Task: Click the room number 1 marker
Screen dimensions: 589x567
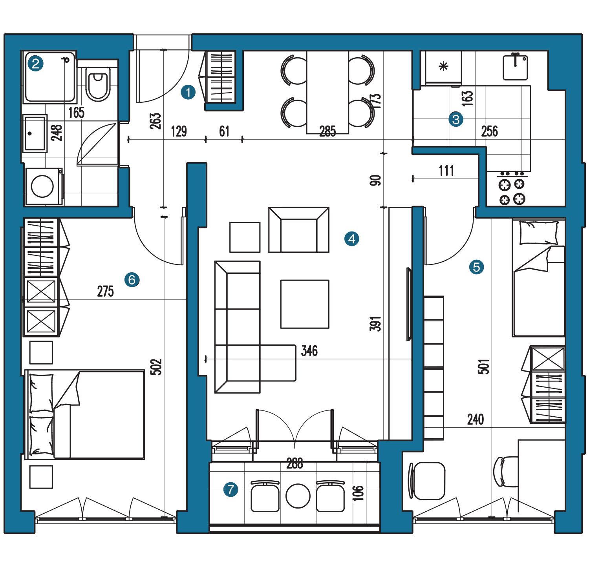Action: pyautogui.click(x=188, y=93)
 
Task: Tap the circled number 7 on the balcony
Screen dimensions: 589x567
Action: pyautogui.click(x=230, y=489)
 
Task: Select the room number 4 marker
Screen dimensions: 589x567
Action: pyautogui.click(x=351, y=239)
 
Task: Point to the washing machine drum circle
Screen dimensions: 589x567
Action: pyautogui.click(x=42, y=186)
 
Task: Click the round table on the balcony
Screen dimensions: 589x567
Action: pyautogui.click(x=298, y=496)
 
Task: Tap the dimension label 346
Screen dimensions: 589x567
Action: pyautogui.click(x=309, y=351)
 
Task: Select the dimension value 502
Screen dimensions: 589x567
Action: pyautogui.click(x=156, y=367)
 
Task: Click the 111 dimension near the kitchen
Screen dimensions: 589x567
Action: pyautogui.click(x=446, y=171)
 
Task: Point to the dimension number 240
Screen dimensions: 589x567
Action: pyautogui.click(x=476, y=419)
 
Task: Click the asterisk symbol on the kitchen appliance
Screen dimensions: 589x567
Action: pyautogui.click(x=444, y=66)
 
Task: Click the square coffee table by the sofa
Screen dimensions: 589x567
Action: pyautogui.click(x=305, y=304)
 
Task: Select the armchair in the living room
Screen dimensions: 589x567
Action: pyautogui.click(x=299, y=230)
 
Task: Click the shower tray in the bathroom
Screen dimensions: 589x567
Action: pyautogui.click(x=50, y=77)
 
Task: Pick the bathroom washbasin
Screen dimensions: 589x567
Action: pyautogui.click(x=35, y=133)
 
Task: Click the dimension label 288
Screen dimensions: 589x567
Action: pyautogui.click(x=294, y=464)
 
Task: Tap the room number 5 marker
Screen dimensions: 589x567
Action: pyautogui.click(x=476, y=267)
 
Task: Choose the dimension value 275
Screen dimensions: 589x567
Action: pyautogui.click(x=105, y=292)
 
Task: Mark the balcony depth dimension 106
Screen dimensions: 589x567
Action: pyautogui.click(x=358, y=493)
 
